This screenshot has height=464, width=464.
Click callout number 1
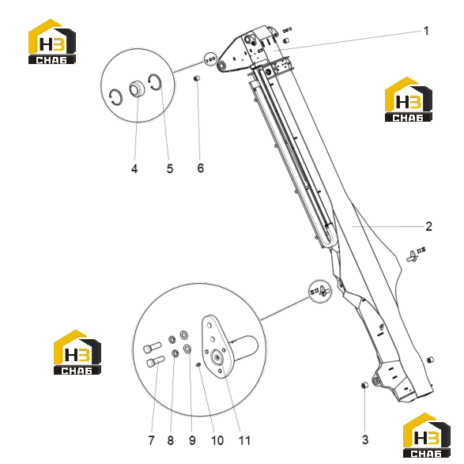(426, 31)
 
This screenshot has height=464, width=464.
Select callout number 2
(428, 226)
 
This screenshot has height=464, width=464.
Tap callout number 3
(365, 439)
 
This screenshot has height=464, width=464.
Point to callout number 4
(134, 169)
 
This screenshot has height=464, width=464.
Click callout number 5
(170, 168)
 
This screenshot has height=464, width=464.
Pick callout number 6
(200, 168)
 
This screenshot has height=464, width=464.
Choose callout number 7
(151, 440)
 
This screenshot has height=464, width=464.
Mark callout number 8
(171, 440)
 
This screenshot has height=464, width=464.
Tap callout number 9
(192, 440)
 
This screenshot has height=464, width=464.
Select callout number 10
(217, 440)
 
